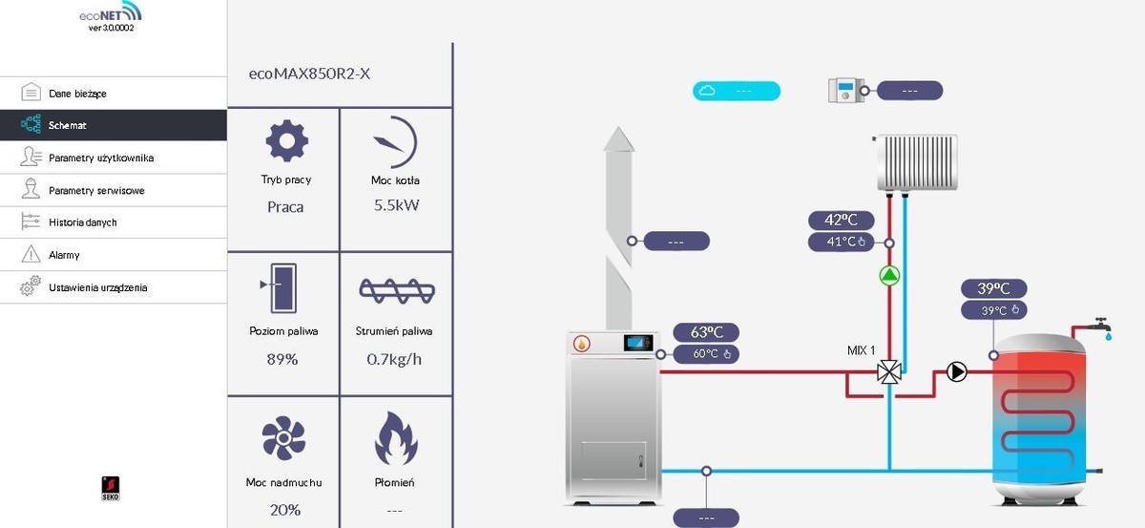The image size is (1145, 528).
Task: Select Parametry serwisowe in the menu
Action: [95, 190]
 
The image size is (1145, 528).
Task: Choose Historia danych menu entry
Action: [82, 222]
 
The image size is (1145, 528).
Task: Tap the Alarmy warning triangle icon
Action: [31, 255]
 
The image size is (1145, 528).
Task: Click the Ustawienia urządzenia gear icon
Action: [31, 286]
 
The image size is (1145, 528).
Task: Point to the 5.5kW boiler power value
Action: [395, 205]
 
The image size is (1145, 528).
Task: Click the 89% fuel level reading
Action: [283, 359]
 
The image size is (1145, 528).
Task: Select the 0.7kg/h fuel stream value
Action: [395, 359]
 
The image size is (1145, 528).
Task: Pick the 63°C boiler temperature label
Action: [706, 332]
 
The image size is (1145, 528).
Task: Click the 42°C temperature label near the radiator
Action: [841, 221]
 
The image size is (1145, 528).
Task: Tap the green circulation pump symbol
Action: [889, 277]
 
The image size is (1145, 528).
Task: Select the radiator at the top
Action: [916, 160]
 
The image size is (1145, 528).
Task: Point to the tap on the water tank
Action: [1102, 326]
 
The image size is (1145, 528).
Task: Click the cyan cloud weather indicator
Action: [736, 91]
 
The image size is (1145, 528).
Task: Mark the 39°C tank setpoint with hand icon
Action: [1000, 309]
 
